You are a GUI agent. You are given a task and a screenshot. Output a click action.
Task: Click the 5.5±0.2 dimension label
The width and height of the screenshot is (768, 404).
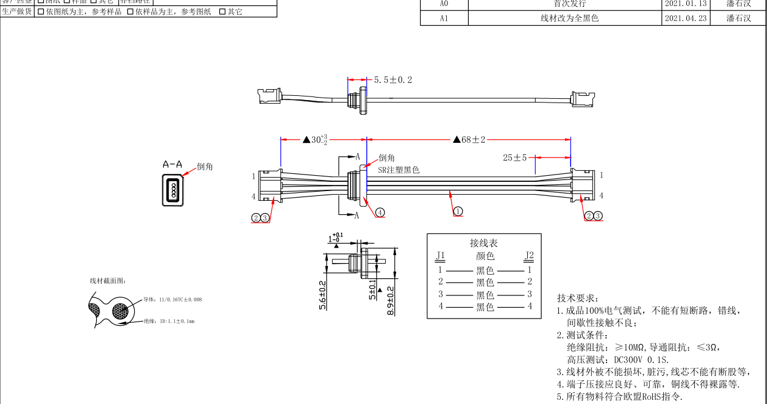pos(393,80)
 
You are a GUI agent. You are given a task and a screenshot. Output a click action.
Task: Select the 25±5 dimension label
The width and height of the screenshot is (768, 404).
pos(514,157)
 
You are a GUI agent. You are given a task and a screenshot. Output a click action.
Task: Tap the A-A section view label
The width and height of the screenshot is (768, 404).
pos(172,164)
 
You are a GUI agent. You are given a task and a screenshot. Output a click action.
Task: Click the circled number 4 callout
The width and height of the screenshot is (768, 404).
pos(380,212)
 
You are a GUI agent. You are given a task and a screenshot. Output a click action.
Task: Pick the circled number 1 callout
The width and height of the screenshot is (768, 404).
pos(458,211)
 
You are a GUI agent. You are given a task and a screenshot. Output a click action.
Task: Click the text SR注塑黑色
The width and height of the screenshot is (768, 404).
pos(399,170)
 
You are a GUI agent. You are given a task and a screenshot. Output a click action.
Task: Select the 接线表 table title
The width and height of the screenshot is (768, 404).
pos(484,243)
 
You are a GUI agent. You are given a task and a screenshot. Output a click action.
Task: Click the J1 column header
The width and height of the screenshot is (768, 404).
pos(441,256)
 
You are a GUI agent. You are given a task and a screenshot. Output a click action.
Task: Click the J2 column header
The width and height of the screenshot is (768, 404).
pos(529,256)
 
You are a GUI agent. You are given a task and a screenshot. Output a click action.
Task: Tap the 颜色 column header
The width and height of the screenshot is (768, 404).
pos(485,256)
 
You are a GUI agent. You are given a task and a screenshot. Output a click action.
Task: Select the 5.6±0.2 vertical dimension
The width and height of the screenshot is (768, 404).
pos(322,295)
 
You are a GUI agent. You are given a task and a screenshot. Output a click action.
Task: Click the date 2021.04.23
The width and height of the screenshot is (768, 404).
pos(686,18)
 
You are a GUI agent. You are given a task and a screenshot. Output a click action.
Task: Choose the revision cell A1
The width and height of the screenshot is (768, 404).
pos(444,18)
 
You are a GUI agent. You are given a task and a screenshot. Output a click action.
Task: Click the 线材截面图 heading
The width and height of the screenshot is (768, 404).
pos(108,281)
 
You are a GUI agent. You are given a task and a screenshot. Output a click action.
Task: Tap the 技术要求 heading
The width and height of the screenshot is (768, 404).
pos(578,298)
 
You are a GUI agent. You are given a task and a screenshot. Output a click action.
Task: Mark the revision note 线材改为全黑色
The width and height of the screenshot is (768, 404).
pos(570,18)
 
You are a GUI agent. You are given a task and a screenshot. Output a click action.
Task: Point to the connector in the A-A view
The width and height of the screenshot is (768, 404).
pos(173,190)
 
